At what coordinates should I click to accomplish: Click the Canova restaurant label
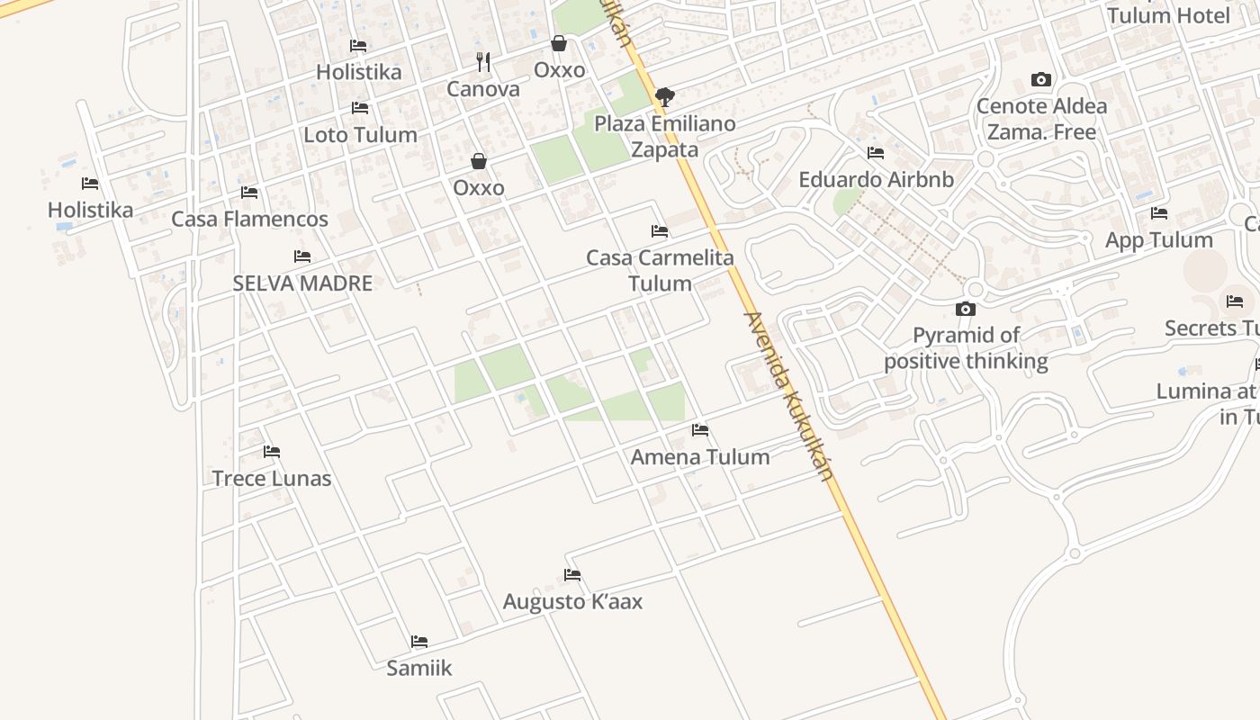point(483,89)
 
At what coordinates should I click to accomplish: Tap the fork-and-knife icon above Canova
point(483,62)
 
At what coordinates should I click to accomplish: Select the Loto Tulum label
point(360,135)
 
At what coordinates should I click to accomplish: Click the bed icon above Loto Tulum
point(360,108)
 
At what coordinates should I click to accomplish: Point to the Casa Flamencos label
point(249,219)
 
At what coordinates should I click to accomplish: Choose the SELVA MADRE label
point(302,283)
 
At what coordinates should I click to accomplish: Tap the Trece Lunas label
point(272,478)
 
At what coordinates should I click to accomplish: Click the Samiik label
point(419,668)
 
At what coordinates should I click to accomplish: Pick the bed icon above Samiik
point(419,642)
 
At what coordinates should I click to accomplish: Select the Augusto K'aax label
point(572,601)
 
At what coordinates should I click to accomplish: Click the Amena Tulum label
point(700,456)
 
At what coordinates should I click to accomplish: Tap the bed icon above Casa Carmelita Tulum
point(660,231)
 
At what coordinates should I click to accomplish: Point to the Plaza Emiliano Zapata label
point(665,136)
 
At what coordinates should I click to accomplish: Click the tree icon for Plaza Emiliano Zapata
point(665,96)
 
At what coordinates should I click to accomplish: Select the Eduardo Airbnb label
point(876,179)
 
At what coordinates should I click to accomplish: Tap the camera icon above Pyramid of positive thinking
point(966,309)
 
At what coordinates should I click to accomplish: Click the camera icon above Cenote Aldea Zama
point(1041,80)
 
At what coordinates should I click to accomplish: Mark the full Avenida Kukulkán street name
point(787,396)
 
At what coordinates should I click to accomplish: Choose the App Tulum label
point(1159,240)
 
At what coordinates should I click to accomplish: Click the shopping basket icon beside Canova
point(559,43)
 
